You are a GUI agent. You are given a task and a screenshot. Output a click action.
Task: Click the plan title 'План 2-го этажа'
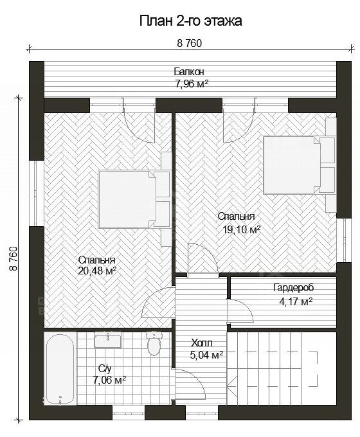(x=190, y=21)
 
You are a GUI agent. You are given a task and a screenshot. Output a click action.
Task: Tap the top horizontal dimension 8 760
(x=190, y=44)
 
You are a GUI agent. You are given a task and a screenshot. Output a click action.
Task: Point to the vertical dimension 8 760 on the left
(x=14, y=258)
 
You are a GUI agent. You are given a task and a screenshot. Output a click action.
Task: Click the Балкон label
(x=189, y=71)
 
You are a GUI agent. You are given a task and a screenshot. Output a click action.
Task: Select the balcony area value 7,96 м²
(x=192, y=84)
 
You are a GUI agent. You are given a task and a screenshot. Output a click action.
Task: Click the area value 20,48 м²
(x=97, y=271)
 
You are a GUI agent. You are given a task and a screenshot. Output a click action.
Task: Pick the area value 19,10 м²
(x=242, y=229)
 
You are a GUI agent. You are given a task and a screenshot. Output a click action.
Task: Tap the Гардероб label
(x=294, y=288)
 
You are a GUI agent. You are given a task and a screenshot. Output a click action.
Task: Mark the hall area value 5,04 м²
(x=206, y=355)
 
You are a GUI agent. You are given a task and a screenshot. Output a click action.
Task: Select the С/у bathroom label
(x=105, y=369)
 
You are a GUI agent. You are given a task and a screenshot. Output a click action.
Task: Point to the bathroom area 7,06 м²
(x=109, y=380)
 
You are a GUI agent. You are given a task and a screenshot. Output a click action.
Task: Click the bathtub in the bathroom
(x=60, y=368)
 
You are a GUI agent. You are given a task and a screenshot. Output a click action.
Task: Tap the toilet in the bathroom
(x=153, y=343)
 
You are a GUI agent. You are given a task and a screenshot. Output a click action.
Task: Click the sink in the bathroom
(x=107, y=340)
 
